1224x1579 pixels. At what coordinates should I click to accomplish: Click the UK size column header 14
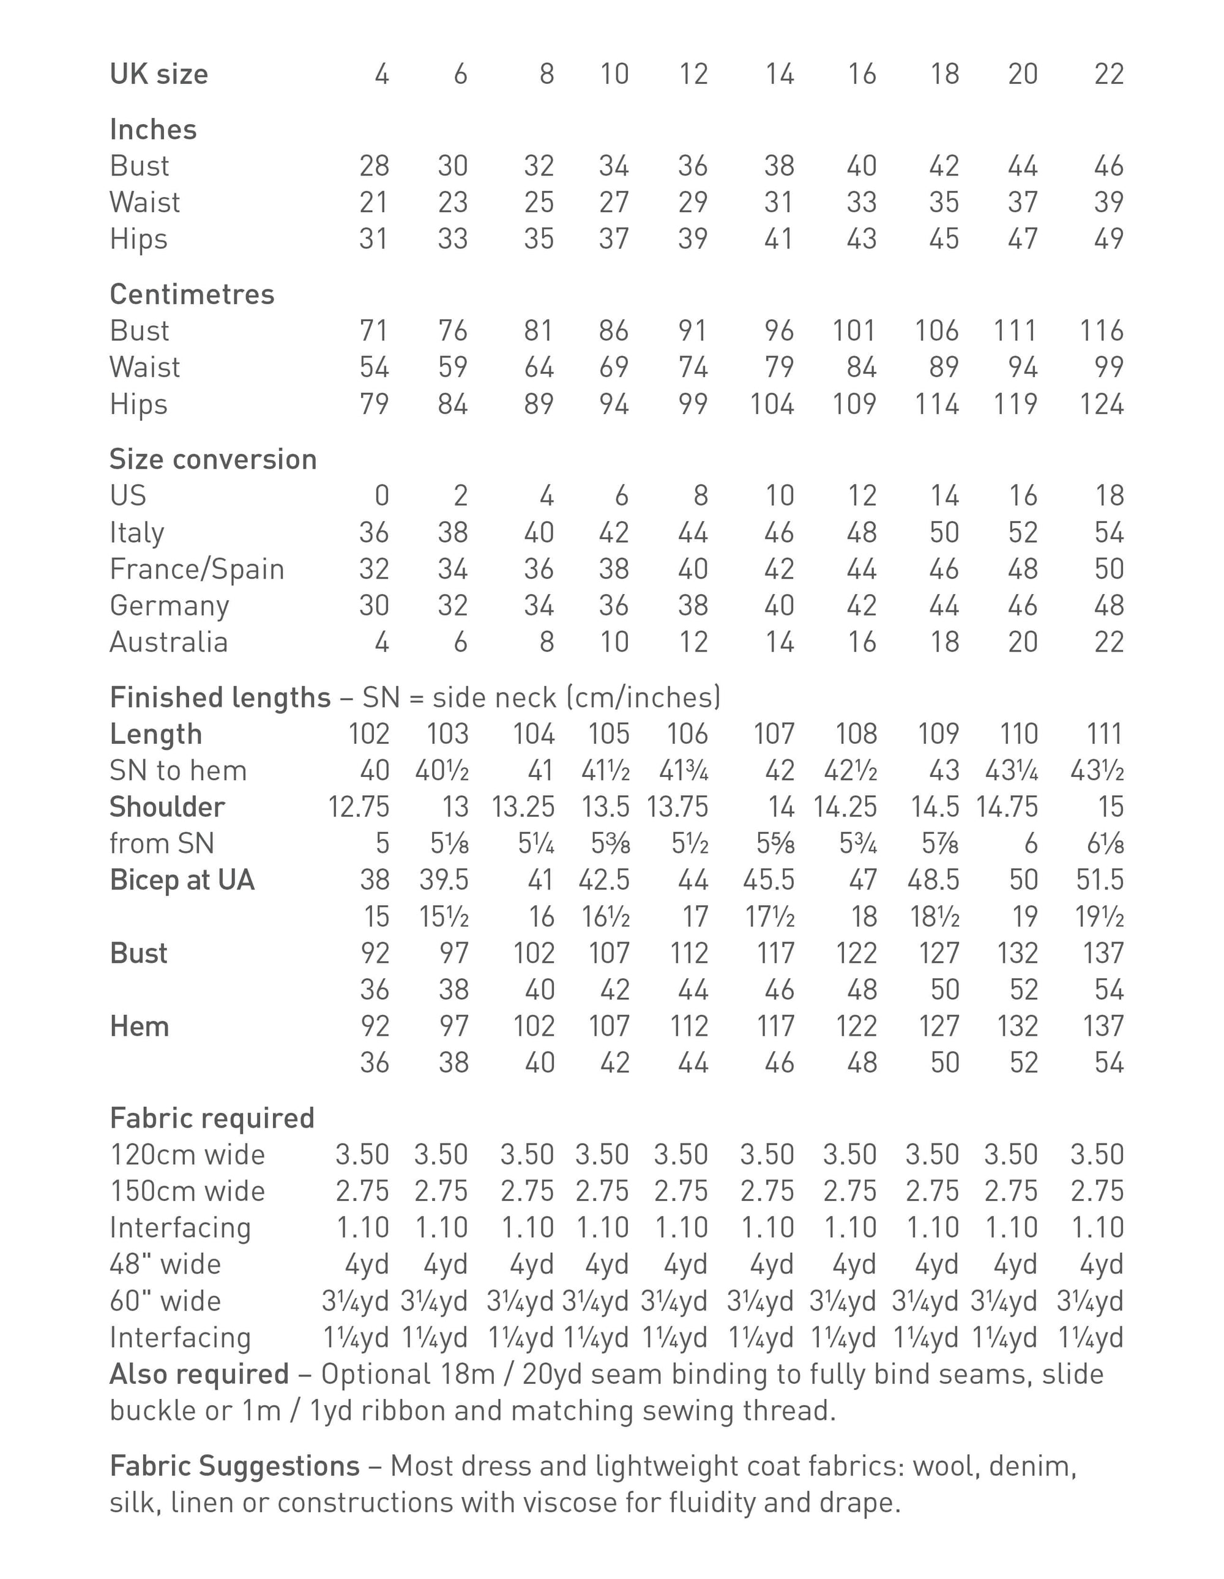pos(779,74)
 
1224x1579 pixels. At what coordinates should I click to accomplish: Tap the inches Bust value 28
pos(373,166)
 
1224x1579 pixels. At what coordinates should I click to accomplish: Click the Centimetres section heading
pos(192,294)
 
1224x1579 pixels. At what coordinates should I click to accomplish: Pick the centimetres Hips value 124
pos(1101,403)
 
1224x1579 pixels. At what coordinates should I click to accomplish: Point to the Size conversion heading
pos(213,459)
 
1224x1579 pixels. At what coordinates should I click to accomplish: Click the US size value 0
pos(381,496)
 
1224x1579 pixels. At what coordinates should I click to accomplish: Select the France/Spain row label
pos(197,569)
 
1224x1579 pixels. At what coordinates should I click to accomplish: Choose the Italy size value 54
pos(1108,532)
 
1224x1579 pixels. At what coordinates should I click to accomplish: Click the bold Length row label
pos(155,734)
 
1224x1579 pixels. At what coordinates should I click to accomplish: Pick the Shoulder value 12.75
pos(358,807)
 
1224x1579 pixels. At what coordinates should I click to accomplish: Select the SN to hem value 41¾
pos(683,771)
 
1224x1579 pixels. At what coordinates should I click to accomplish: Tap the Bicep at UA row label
pos(182,880)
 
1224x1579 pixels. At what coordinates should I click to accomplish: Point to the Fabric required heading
pos(212,1118)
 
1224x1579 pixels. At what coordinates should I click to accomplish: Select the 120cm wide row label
pos(187,1154)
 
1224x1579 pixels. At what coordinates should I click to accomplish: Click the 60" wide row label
pos(165,1301)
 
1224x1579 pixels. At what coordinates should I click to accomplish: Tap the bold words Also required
pos(199,1373)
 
